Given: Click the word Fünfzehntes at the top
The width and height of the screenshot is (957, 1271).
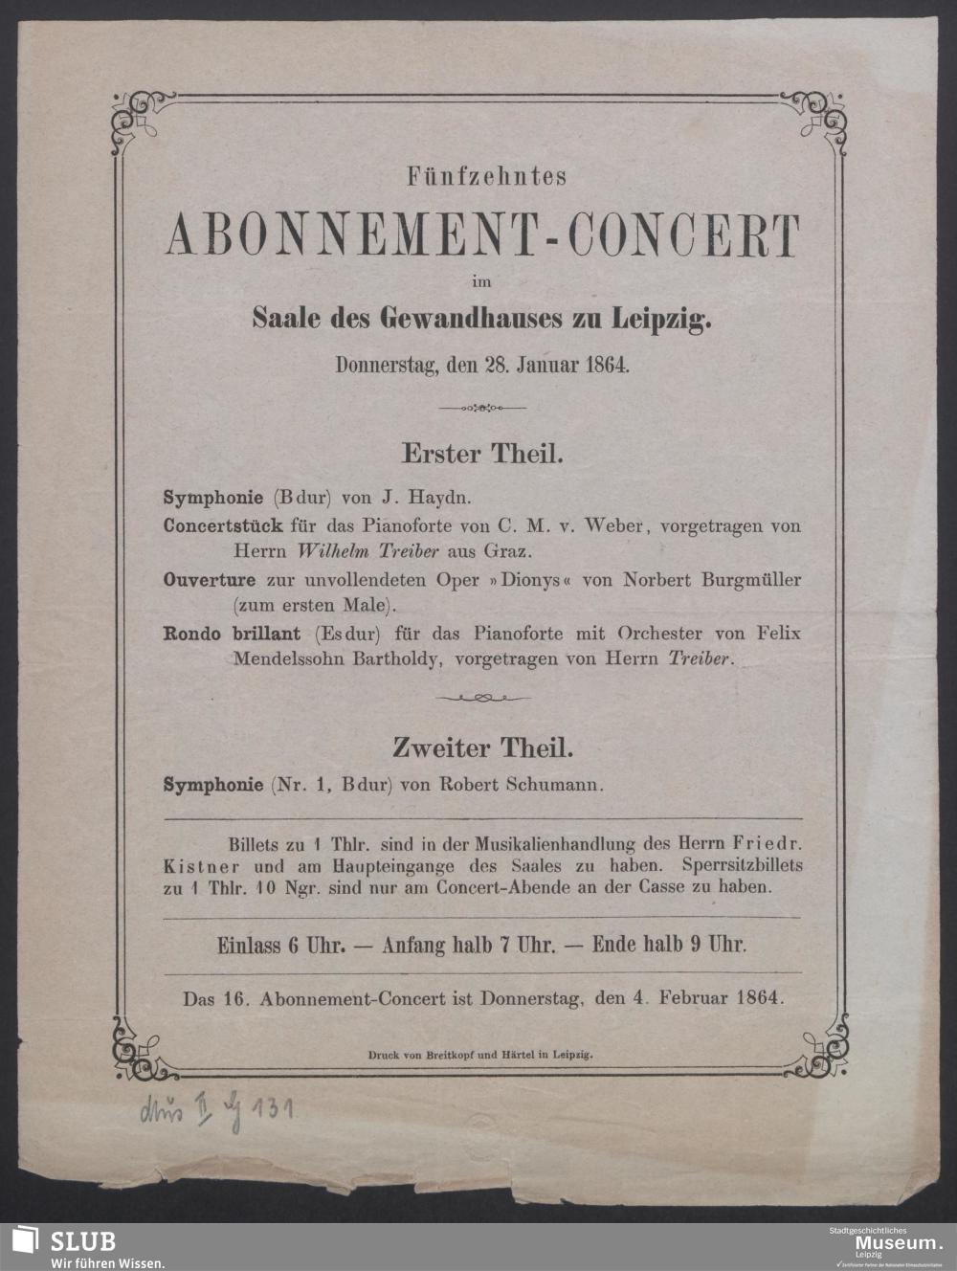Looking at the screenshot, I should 487,177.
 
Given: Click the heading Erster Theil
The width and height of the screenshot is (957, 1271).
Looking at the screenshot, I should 481,453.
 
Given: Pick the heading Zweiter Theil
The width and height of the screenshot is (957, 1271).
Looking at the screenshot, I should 481,747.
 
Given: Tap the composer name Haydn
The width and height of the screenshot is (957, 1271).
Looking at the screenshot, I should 439,499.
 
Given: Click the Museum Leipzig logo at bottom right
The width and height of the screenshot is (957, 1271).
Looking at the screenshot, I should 884,1245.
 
